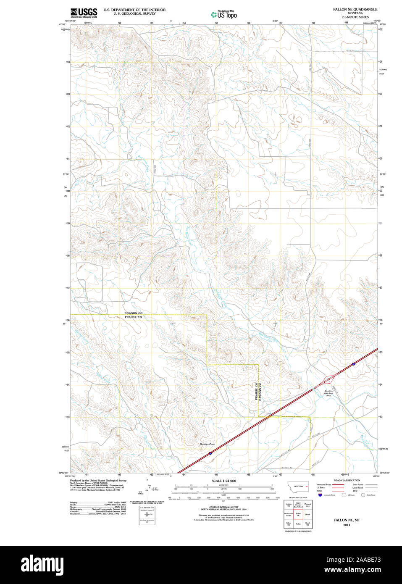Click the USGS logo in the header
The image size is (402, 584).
[84, 13]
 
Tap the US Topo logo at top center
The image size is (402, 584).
[224, 14]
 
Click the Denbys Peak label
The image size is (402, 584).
[207, 444]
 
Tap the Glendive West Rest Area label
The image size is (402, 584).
[328, 393]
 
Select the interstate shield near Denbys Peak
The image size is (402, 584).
[210, 453]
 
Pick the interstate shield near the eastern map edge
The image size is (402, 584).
[354, 364]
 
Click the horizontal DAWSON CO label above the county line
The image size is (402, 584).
[133, 313]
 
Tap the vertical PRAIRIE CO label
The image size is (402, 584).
[256, 391]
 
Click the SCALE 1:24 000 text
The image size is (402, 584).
[223, 481]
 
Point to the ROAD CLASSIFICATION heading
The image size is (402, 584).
[347, 480]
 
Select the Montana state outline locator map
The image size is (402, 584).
[298, 487]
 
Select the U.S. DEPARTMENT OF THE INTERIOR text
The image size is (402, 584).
[134, 10]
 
